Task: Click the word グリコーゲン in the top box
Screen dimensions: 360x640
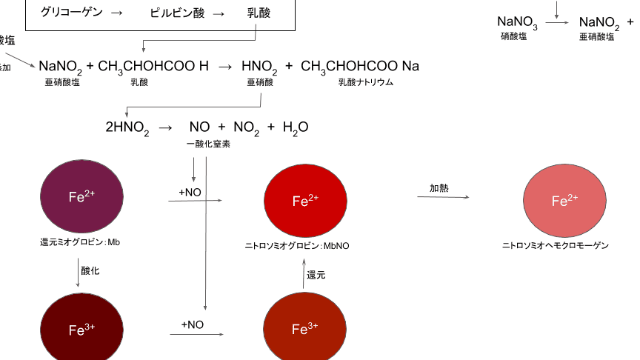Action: click(x=71, y=13)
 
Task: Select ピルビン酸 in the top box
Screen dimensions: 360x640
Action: click(x=177, y=13)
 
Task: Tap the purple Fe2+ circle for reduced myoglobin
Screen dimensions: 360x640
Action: click(x=81, y=196)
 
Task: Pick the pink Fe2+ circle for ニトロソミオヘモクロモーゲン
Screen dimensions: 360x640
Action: click(x=564, y=201)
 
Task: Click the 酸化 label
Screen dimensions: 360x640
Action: click(x=90, y=270)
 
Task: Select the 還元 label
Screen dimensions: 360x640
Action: click(x=316, y=274)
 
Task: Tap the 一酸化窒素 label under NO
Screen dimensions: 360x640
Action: click(x=208, y=144)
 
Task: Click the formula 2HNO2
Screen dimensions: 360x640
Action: click(x=127, y=128)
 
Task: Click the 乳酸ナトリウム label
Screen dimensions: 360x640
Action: click(x=365, y=82)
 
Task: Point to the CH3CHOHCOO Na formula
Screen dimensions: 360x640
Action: click(x=360, y=67)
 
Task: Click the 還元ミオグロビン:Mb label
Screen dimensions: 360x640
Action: click(x=80, y=241)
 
